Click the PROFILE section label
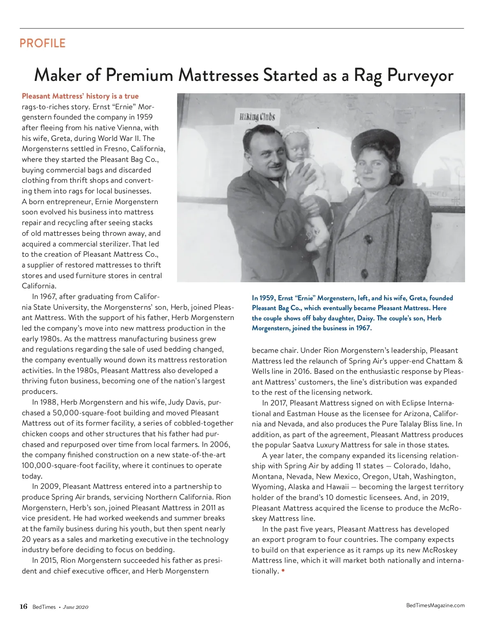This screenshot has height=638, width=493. click(42, 43)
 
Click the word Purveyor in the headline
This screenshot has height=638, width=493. click(420, 75)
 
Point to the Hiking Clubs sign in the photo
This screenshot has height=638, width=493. click(257, 116)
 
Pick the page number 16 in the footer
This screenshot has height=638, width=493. click(23, 607)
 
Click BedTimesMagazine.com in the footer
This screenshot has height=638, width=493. click(435, 605)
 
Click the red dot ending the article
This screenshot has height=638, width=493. click(283, 571)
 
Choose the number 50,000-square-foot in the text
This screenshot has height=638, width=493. click(88, 413)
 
